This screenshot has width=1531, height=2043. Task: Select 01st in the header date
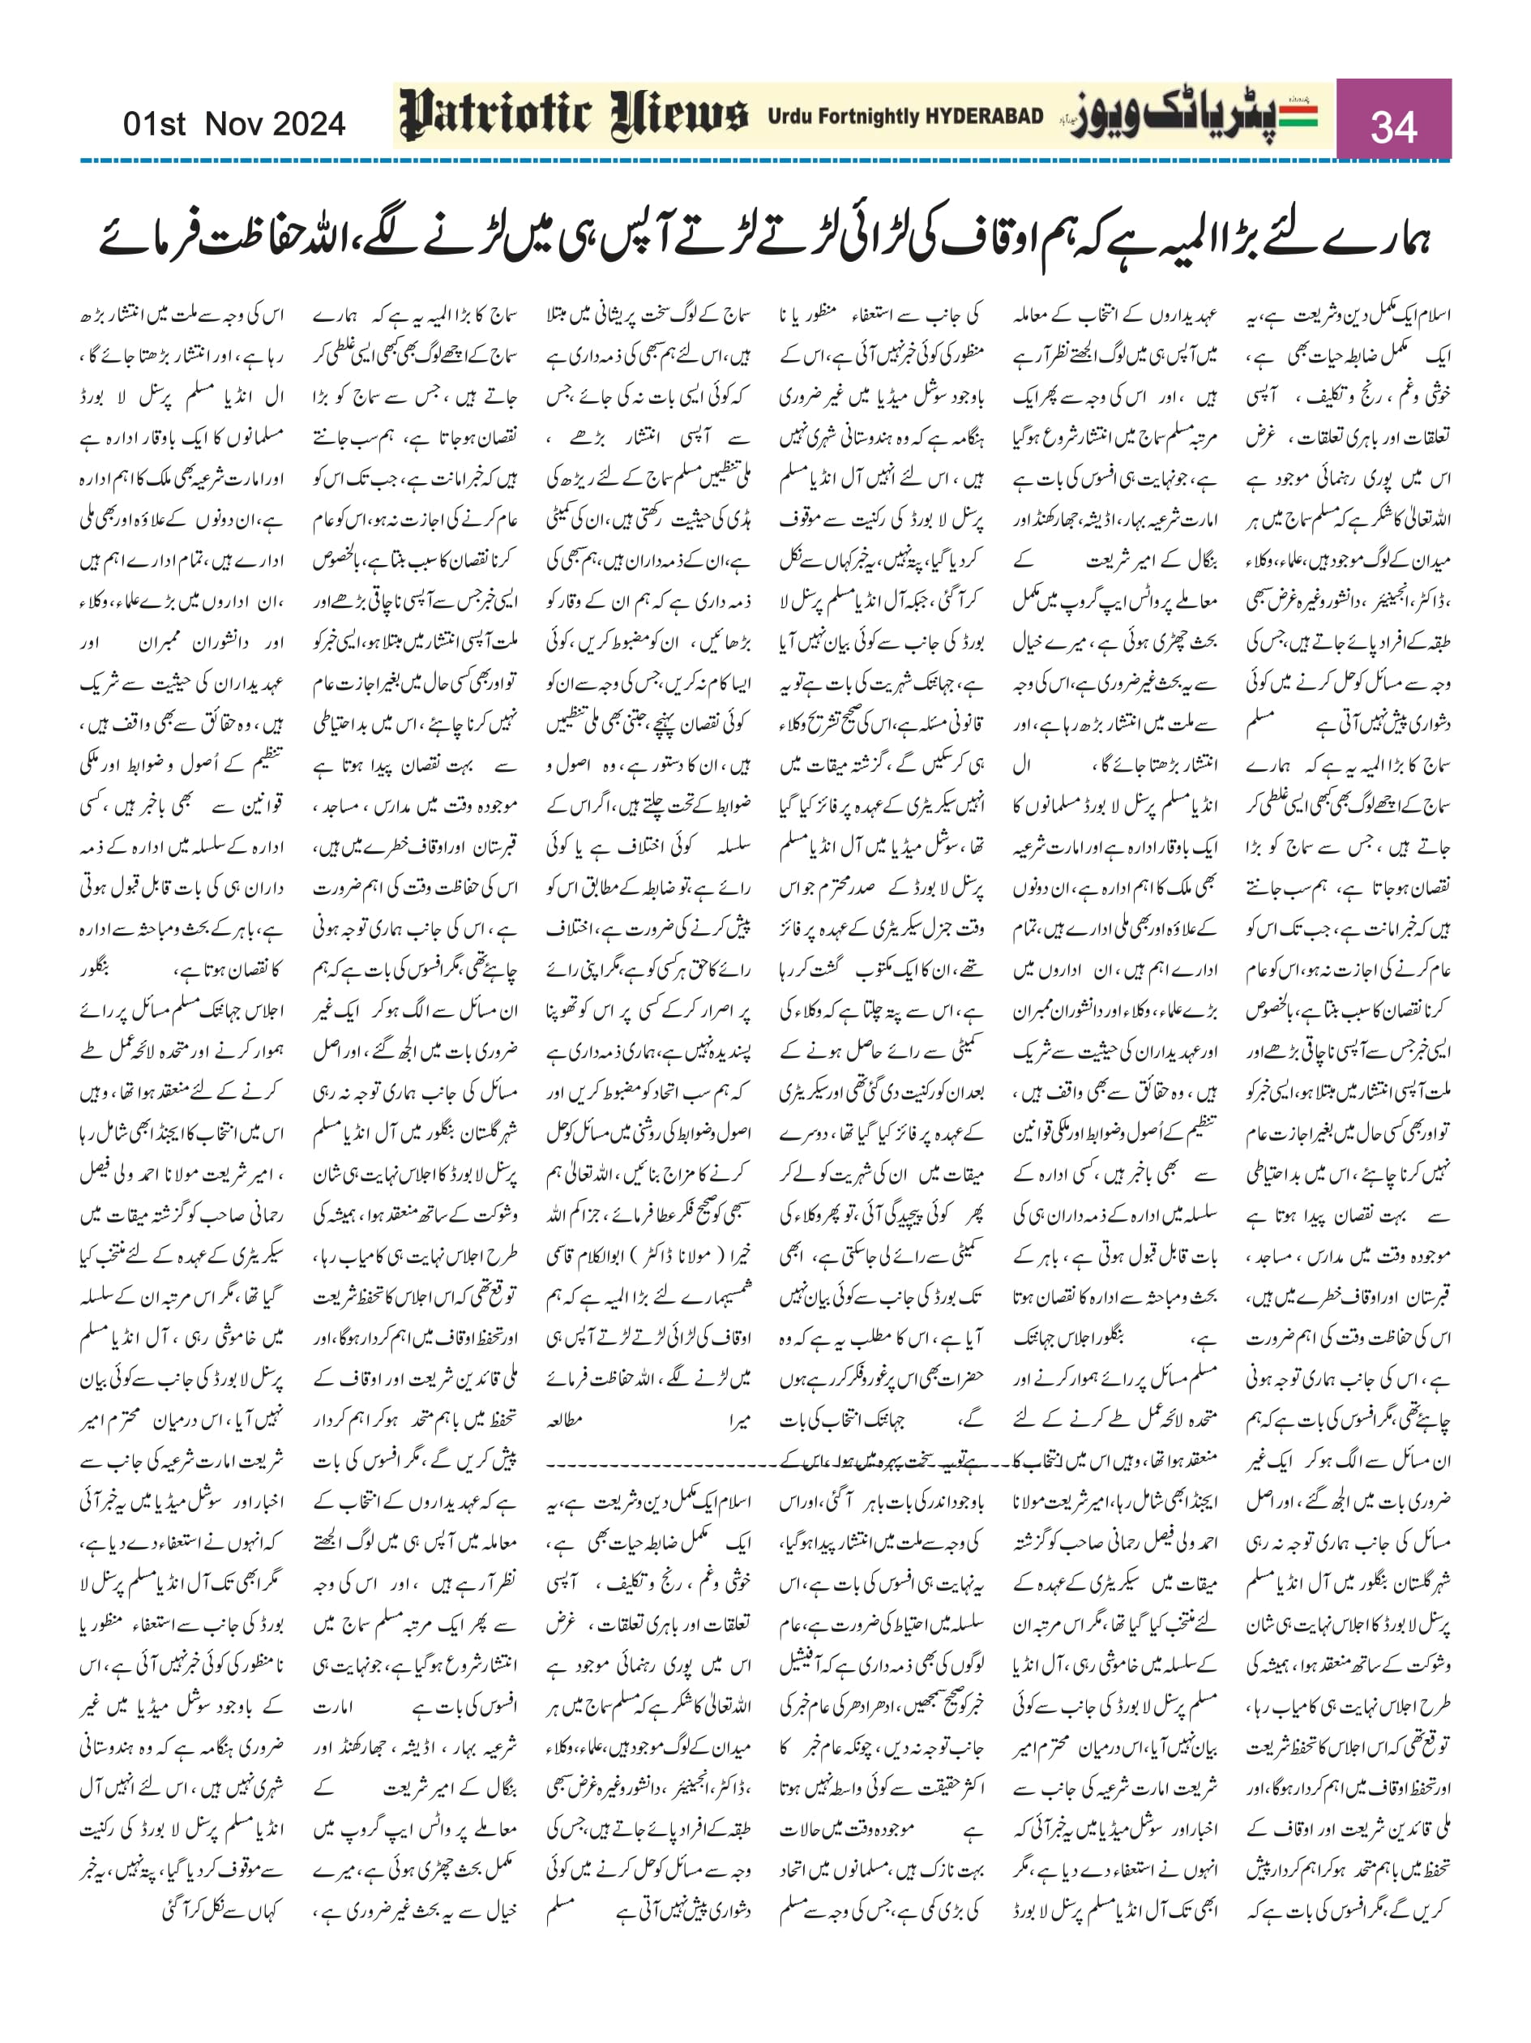click(x=154, y=124)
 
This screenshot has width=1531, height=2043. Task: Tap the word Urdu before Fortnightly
click(x=786, y=117)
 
